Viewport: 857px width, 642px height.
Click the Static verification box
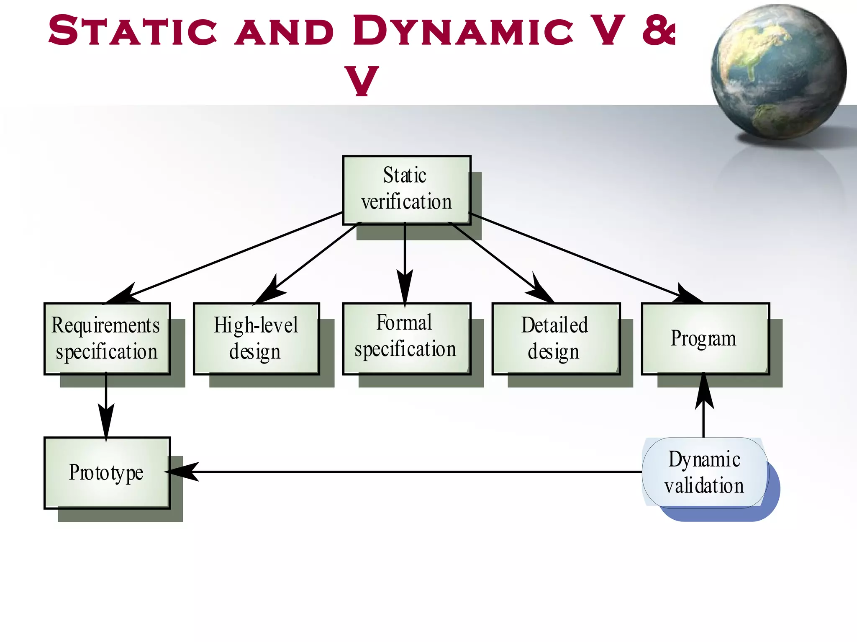click(406, 190)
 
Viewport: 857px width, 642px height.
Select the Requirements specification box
click(107, 338)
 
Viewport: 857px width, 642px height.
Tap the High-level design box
click(256, 338)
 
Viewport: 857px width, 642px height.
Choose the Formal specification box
click(406, 338)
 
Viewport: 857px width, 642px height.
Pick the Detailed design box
click(556, 338)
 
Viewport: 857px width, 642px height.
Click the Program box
click(705, 338)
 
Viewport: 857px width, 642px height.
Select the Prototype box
click(107, 473)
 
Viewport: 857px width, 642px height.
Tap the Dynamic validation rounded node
click(705, 473)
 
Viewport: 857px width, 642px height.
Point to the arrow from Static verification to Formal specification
click(405, 260)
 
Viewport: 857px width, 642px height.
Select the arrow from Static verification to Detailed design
click(498, 260)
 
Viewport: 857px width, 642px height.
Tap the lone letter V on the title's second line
click(362, 80)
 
